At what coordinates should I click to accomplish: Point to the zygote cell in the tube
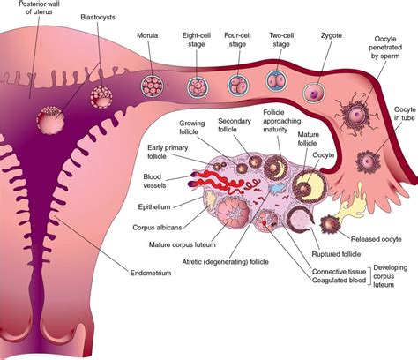pyautogui.click(x=315, y=91)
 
